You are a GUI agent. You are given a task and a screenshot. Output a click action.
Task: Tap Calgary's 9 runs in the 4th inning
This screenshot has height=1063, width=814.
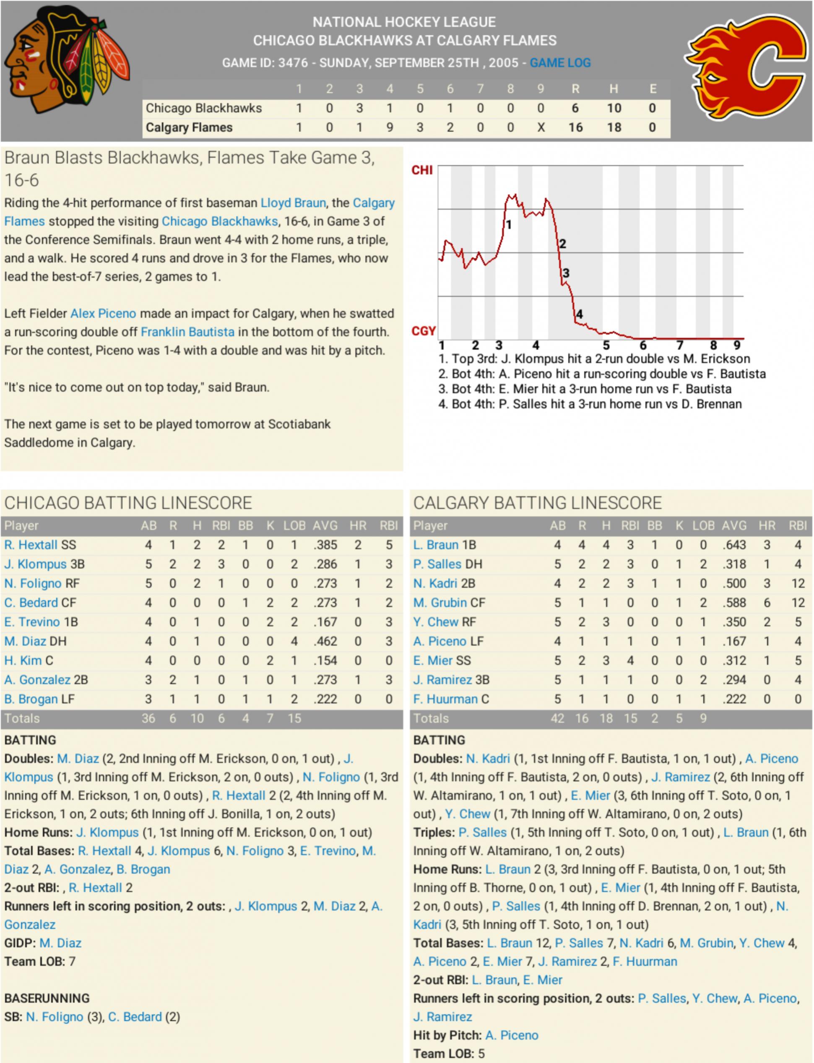point(390,127)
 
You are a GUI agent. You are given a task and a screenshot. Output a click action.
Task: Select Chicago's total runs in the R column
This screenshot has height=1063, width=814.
point(575,108)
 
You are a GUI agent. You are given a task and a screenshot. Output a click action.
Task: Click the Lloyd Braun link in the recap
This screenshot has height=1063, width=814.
point(293,203)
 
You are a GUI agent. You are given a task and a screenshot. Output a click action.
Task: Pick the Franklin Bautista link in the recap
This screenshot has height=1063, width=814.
point(187,332)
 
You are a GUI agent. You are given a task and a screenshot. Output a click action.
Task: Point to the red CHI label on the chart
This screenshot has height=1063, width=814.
point(422,170)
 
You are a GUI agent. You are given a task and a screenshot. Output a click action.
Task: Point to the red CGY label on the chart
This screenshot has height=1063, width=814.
point(424,331)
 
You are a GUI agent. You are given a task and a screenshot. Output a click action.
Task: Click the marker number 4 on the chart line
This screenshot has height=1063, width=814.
point(579,314)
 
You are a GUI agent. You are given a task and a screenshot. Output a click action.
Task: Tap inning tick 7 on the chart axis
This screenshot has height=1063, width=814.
point(679,345)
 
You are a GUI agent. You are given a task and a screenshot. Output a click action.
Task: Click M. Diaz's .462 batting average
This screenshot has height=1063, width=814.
point(325,642)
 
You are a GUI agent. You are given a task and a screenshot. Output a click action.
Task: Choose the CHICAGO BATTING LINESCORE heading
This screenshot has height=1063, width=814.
point(128,503)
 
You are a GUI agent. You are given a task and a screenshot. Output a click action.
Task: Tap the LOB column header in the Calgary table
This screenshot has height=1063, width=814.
point(703,526)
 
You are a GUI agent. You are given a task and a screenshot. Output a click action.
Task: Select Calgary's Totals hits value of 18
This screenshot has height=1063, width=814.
point(606,718)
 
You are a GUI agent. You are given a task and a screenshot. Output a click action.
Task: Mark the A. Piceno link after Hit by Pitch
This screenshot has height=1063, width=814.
point(512,1035)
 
